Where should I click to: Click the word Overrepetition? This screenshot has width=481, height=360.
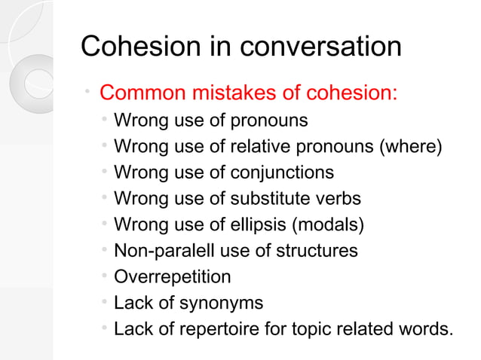[173, 277]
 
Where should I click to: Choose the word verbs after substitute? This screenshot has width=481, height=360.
[338, 199]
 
